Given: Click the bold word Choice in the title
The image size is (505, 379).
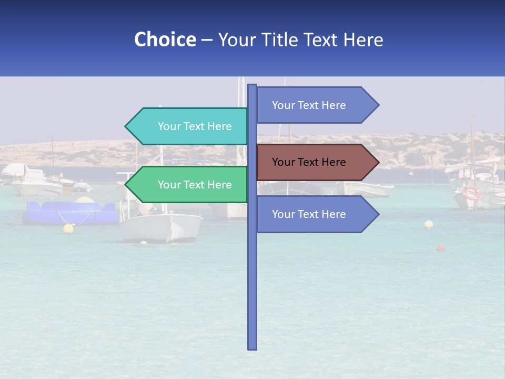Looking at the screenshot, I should (165, 39).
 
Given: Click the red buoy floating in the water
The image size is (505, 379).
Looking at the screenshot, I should (441, 248).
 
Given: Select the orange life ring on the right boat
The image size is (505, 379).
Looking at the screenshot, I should (471, 193).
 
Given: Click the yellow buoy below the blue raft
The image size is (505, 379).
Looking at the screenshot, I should (68, 228).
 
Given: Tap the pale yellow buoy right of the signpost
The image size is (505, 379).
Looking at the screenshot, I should (429, 225).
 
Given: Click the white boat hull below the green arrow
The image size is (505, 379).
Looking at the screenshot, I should (160, 227).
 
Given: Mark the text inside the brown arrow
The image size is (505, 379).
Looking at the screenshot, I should (309, 162).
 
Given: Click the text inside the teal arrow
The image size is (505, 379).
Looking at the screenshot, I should (195, 126).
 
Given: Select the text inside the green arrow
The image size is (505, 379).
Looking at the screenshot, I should (195, 185).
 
